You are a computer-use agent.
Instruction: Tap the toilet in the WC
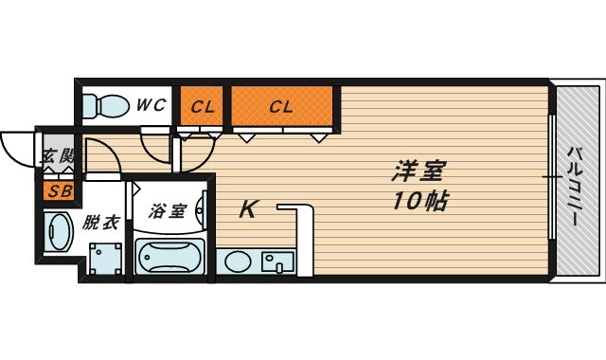tap(105, 104)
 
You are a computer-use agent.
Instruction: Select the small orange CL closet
tap(202, 106)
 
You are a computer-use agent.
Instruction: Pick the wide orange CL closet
tap(281, 106)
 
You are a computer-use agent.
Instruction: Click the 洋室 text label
tap(417, 173)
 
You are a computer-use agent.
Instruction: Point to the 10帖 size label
tap(417, 201)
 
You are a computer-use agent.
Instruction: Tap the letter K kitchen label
tap(247, 209)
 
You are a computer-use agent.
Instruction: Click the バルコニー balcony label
tap(574, 187)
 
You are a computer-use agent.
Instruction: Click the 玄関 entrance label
tap(57, 158)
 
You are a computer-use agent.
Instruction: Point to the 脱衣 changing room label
tap(99, 224)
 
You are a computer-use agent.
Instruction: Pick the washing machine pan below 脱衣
tap(105, 257)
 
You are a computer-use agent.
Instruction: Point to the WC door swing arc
tap(156, 144)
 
